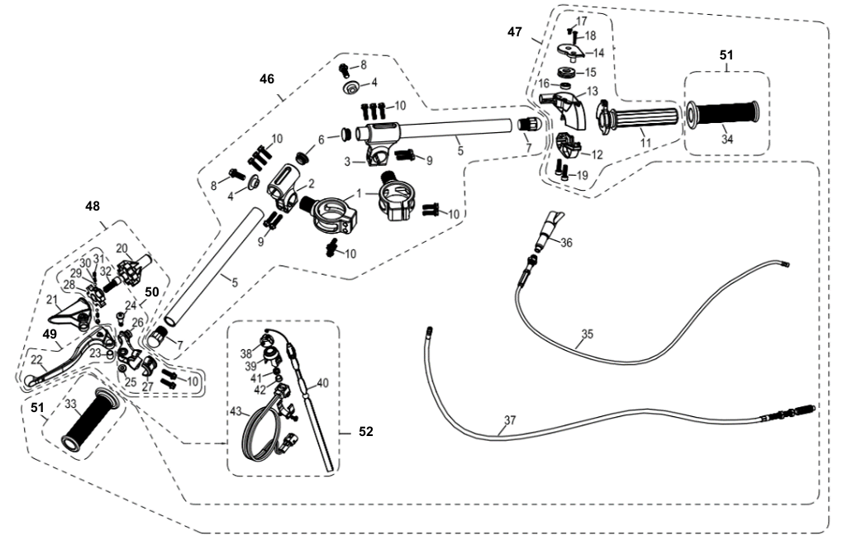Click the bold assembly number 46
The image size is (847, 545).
pyautogui.click(x=267, y=79)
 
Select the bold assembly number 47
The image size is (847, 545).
pyautogui.click(x=515, y=31)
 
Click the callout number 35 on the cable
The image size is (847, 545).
pyautogui.click(x=588, y=334)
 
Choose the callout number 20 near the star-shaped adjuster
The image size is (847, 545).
pyautogui.click(x=121, y=248)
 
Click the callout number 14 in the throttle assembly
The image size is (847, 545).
pyautogui.click(x=599, y=53)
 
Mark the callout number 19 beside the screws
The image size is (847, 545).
pyautogui.click(x=581, y=175)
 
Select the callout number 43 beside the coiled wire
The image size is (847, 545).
pyautogui.click(x=236, y=410)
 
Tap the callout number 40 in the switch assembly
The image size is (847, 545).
pyautogui.click(x=322, y=382)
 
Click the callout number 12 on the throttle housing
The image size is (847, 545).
pyautogui.click(x=596, y=154)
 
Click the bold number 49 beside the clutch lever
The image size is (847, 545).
pyautogui.click(x=50, y=334)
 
